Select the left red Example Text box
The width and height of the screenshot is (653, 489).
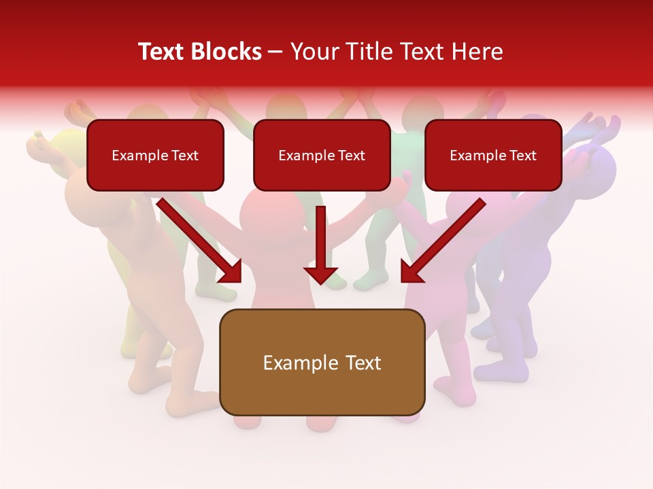(155, 156)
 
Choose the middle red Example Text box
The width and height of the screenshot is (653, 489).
(322, 156)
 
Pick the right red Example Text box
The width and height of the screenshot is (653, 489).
(493, 156)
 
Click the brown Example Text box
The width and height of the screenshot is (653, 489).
(322, 362)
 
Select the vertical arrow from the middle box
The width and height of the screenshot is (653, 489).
(321, 244)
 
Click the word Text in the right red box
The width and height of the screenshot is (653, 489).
(523, 156)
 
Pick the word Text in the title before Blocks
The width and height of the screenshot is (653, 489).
(163, 52)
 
